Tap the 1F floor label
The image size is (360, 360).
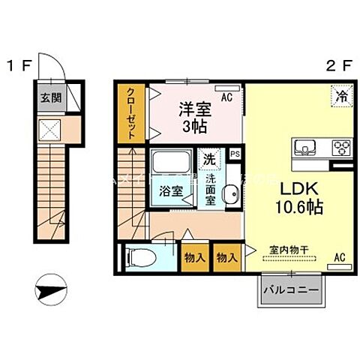[x=18, y=65]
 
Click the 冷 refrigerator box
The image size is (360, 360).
[x=341, y=95]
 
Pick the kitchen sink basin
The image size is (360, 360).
[x=306, y=146]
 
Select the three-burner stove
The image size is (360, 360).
[x=341, y=146]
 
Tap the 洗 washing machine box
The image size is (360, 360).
[x=209, y=159]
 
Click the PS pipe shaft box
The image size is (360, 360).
[x=235, y=154]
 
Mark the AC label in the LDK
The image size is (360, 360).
[x=338, y=258]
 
